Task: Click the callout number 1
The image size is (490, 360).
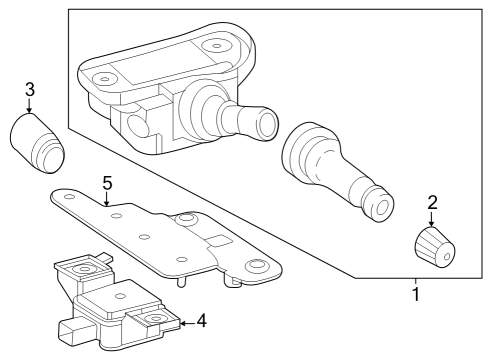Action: [416, 294]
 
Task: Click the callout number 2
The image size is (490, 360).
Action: [432, 203]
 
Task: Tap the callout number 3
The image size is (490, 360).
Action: [30, 90]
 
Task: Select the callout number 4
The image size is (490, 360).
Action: [201, 321]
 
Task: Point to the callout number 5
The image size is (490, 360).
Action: [107, 183]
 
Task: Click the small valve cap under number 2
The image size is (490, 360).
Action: [435, 247]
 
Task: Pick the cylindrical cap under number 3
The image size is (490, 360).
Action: [37, 143]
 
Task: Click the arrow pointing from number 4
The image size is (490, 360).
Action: [187, 323]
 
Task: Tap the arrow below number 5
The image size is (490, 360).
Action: [106, 199]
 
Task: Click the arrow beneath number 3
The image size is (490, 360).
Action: [29, 106]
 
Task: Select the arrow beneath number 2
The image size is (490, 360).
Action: [432, 219]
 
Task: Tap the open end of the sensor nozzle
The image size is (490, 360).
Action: [267, 124]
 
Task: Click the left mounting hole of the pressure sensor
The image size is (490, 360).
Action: [105, 79]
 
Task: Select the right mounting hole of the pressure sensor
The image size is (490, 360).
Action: [216, 46]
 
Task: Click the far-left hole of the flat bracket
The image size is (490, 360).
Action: [69, 197]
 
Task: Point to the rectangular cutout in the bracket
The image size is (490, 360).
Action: [218, 241]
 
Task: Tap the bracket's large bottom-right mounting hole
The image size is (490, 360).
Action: [257, 265]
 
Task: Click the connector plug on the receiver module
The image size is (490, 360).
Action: [71, 332]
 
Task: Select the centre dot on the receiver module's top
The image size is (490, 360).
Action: [120, 296]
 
